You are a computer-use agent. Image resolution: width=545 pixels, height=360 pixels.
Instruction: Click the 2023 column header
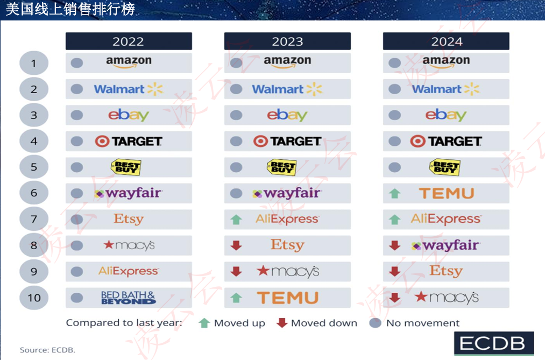287,41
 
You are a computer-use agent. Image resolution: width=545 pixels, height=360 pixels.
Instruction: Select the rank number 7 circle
34,219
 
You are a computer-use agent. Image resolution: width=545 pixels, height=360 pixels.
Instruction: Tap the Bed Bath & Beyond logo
128,298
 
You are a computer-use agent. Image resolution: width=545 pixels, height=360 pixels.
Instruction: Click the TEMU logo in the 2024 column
447,194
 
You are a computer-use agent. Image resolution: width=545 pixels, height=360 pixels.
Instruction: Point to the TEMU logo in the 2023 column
287,298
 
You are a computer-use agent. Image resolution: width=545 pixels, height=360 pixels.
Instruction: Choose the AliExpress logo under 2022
129,271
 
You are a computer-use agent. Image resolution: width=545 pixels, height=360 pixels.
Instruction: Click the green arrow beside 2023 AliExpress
236,220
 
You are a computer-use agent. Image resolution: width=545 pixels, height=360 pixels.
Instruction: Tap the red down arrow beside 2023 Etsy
236,245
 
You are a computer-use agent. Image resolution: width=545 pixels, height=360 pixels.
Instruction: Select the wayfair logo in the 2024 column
445,245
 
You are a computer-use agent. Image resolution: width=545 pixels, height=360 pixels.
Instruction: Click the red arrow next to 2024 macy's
395,298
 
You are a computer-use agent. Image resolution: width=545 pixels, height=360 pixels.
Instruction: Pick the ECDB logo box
493,344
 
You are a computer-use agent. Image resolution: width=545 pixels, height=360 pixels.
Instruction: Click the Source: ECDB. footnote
47,350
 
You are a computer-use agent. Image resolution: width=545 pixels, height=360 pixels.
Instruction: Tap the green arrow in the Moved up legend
204,323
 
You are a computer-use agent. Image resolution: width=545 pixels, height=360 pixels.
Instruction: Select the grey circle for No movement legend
376,323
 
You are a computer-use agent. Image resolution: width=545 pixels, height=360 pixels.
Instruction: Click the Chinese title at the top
70,9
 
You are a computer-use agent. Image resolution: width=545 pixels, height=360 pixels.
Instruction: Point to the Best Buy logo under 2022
125,167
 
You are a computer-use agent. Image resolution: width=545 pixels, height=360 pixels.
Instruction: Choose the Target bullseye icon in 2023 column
261,141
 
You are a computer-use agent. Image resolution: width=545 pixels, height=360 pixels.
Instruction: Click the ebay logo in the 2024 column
446,115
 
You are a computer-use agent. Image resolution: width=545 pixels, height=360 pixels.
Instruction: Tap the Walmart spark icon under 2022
155,89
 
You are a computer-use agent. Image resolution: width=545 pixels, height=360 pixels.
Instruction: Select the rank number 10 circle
34,298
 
